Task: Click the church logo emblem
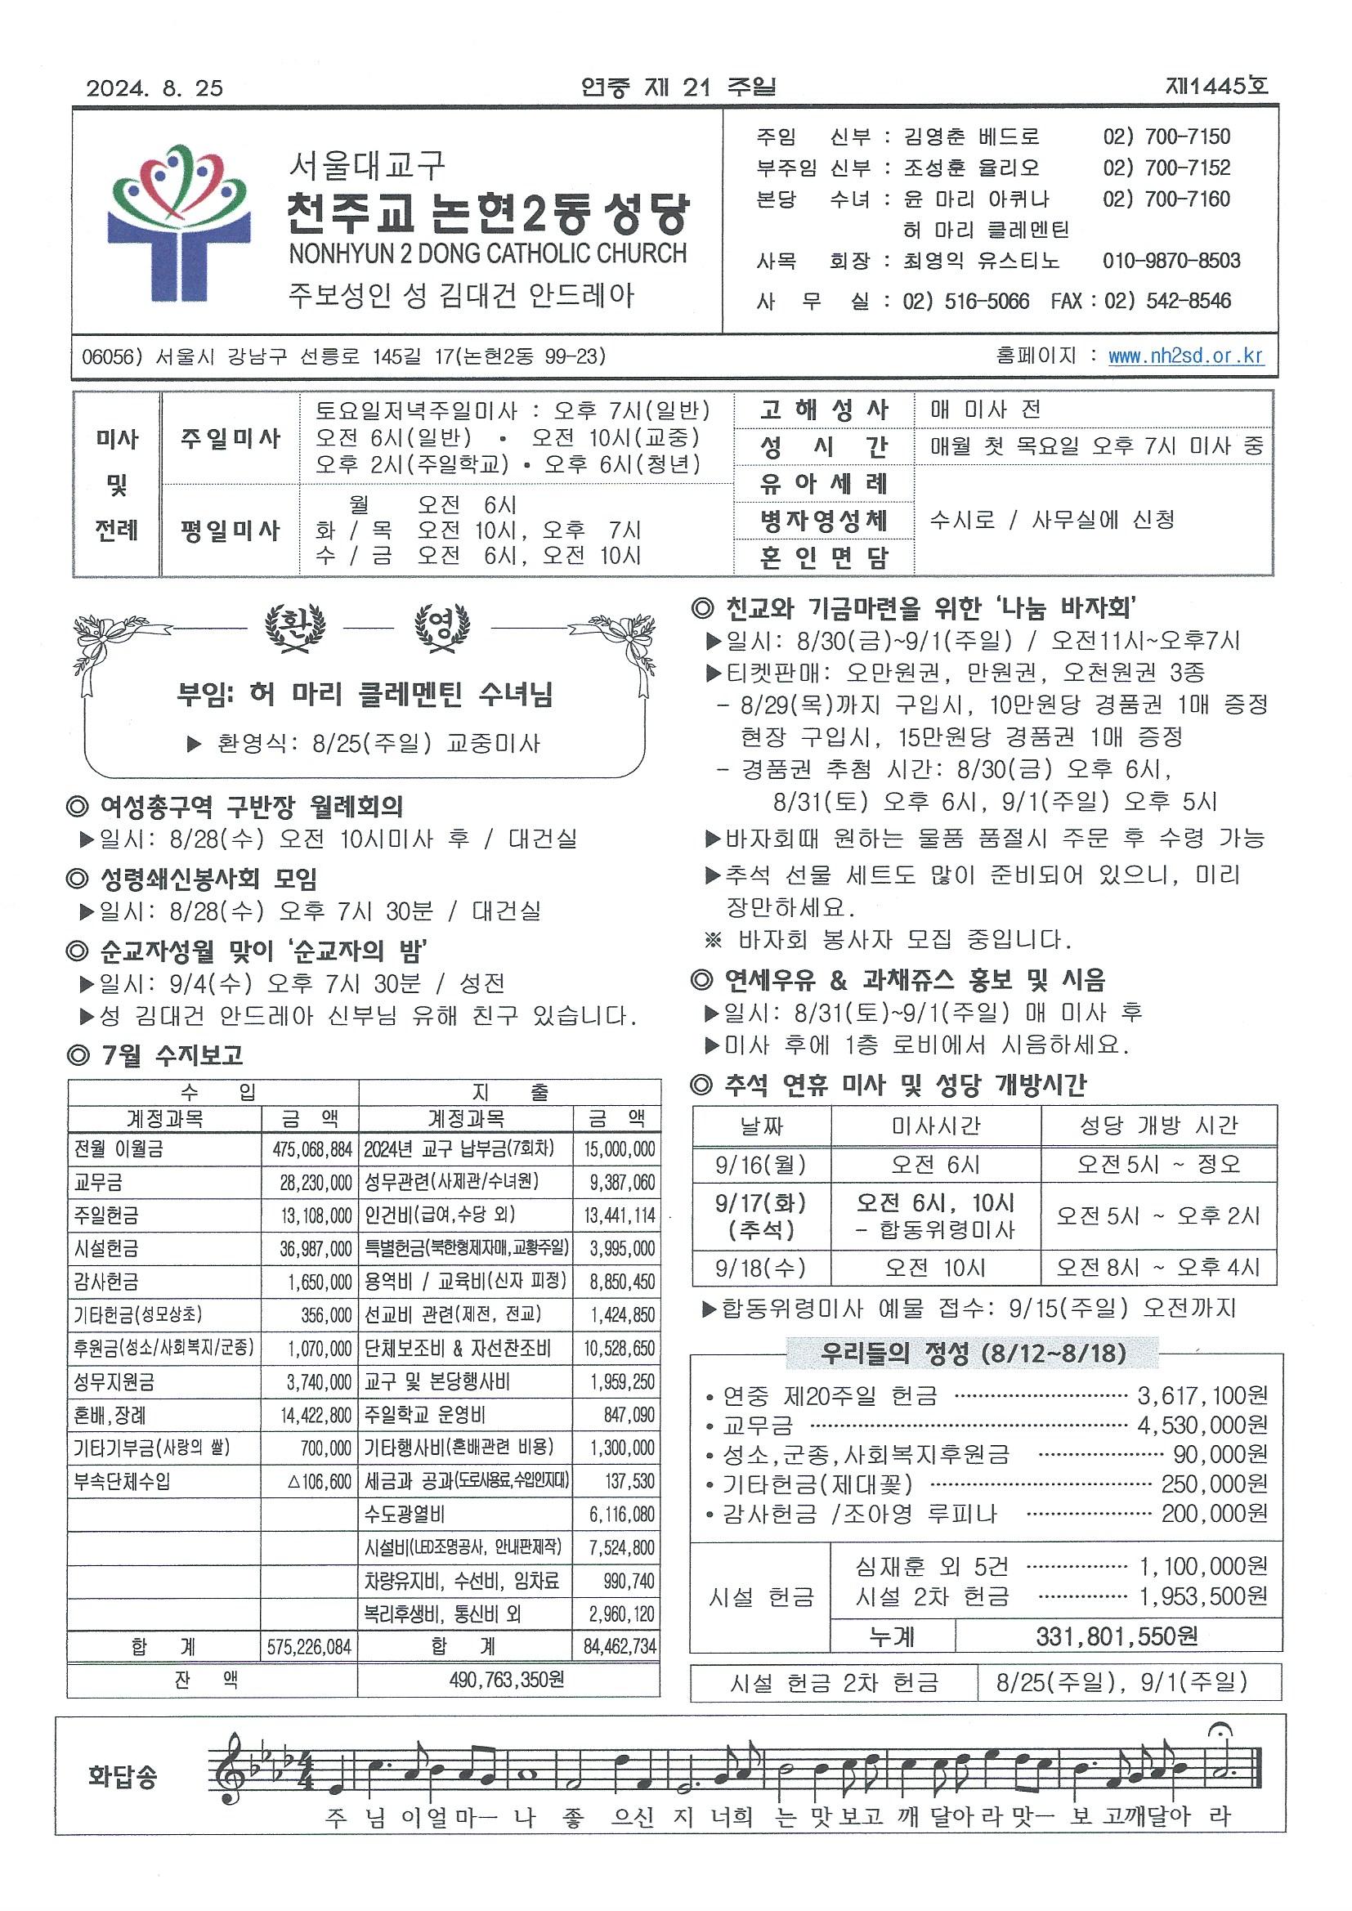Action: (178, 223)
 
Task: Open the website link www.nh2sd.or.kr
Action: (1185, 356)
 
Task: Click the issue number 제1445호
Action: (1216, 87)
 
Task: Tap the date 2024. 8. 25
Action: (154, 88)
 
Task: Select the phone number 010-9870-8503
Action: (1171, 262)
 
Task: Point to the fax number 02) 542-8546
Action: (1168, 301)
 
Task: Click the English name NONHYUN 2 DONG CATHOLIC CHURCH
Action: (488, 254)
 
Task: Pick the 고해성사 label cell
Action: (823, 409)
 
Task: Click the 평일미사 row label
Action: (230, 530)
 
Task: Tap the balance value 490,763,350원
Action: (507, 1680)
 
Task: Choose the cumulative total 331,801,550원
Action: (1117, 1636)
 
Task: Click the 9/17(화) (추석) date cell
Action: (760, 1216)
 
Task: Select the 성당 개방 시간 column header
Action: (1158, 1126)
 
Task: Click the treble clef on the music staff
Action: (230, 1779)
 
